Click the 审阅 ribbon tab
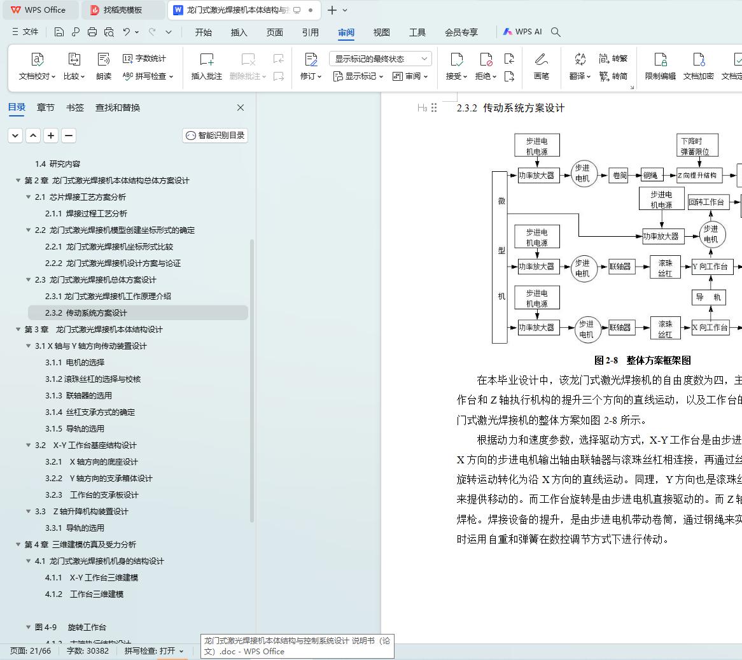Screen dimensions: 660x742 [346, 32]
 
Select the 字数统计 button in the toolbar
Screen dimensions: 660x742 [144, 59]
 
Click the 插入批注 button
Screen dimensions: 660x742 [207, 66]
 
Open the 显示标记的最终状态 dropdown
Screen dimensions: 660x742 [381, 59]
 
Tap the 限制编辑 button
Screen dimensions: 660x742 [661, 66]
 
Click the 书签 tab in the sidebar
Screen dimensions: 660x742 [75, 108]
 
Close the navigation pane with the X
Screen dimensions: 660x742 [241, 108]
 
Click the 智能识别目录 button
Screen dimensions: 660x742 [215, 136]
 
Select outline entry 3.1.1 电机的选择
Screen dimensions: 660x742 [74, 363]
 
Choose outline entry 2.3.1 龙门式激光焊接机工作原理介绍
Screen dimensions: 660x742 [108, 297]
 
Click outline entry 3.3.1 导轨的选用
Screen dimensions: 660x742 [74, 528]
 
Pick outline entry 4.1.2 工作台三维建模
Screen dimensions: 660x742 [84, 594]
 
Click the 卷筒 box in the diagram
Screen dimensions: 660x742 [619, 175]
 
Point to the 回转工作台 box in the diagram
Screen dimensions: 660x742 [706, 202]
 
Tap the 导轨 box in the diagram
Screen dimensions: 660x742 [708, 297]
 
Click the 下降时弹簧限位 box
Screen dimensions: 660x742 [697, 146]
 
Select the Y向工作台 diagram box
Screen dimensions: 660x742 [711, 267]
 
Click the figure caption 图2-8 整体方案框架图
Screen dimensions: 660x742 [643, 360]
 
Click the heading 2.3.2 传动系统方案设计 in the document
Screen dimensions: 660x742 [510, 108]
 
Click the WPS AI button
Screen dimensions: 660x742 [522, 32]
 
